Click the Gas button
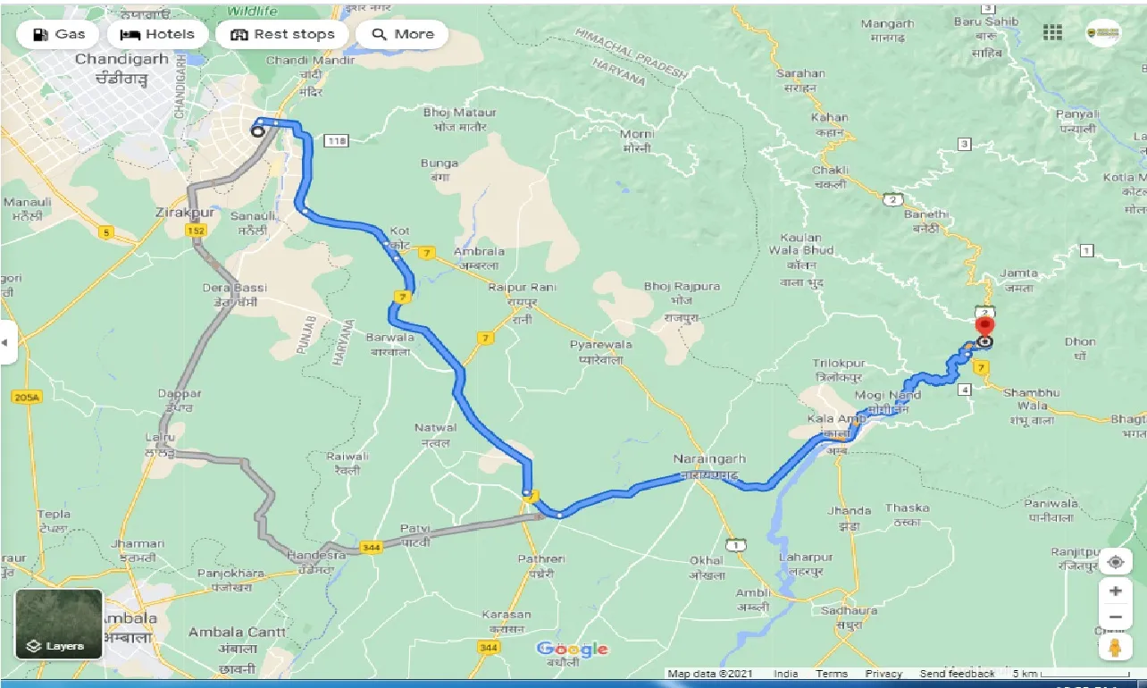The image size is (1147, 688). [59, 35]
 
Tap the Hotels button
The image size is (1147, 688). [157, 35]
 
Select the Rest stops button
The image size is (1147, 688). [282, 35]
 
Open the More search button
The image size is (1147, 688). [402, 35]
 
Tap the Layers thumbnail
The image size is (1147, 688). [59, 624]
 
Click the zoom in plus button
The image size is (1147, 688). [1115, 591]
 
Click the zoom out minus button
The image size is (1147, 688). [1115, 617]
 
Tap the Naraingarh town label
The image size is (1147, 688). [709, 458]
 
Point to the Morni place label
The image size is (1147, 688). [637, 134]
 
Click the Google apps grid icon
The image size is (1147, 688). [1052, 32]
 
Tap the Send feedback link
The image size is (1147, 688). [957, 674]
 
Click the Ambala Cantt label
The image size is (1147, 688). [237, 633]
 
